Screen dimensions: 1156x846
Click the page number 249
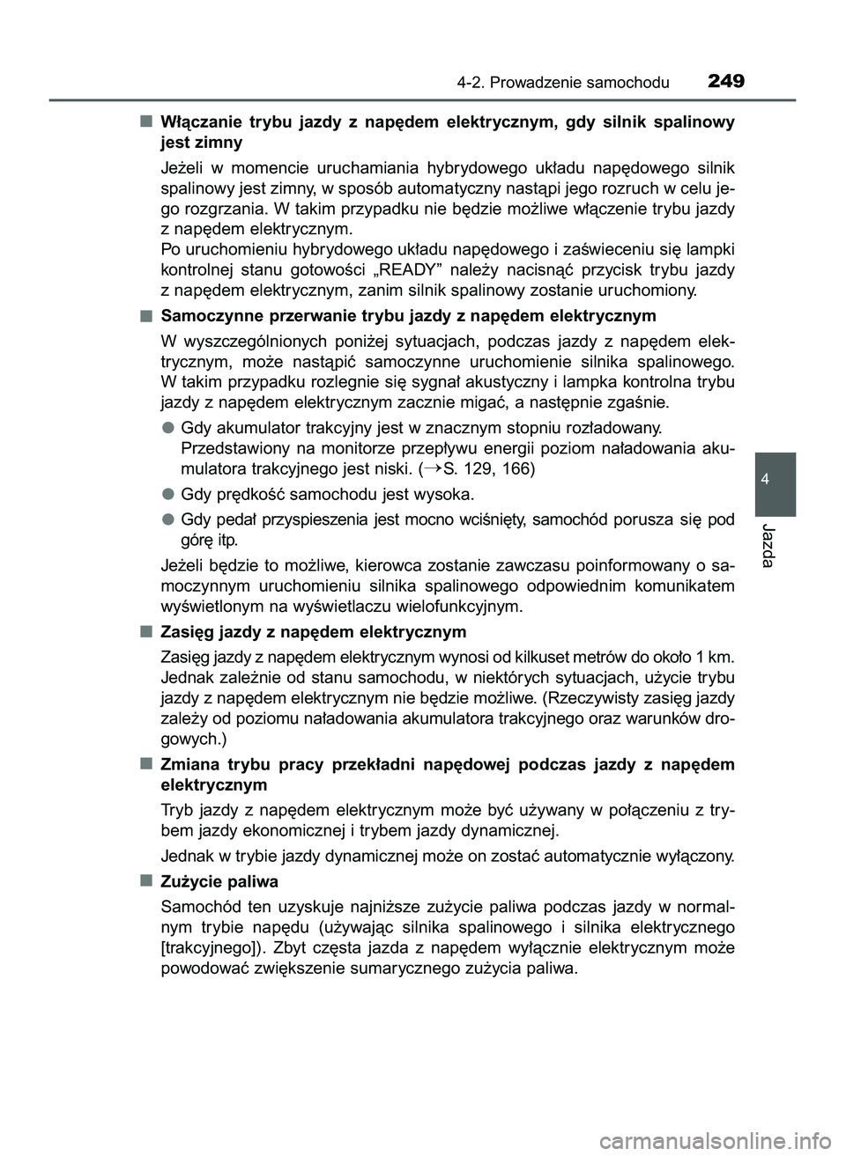(x=725, y=82)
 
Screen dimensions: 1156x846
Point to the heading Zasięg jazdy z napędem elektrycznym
(x=314, y=632)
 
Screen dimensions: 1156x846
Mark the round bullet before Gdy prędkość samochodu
(x=167, y=492)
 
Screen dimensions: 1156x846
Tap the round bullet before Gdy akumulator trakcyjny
(x=167, y=428)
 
